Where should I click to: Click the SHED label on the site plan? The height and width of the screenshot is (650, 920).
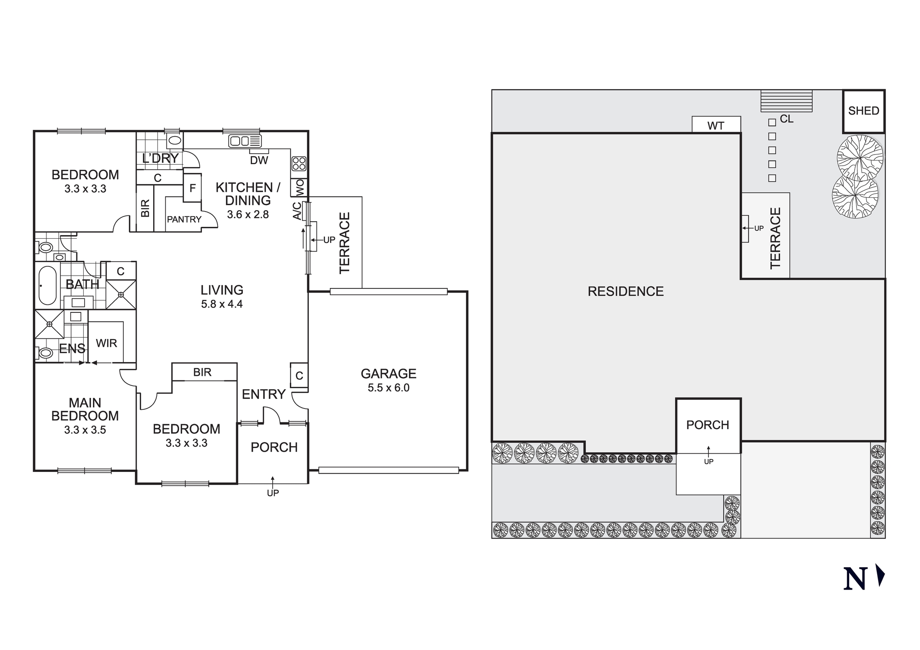point(863,111)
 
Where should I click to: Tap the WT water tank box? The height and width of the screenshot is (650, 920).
point(716,126)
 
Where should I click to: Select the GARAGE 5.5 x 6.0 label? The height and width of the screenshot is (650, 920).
point(388,380)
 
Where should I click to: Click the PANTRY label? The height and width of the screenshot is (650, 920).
point(184,219)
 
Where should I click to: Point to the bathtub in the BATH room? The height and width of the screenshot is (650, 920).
point(47,285)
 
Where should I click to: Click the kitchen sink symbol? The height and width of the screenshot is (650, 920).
point(245,141)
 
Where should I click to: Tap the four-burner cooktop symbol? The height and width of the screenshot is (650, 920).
point(299,163)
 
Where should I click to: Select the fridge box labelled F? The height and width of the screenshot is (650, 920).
point(192,188)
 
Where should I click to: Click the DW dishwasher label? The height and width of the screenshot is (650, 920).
point(259,160)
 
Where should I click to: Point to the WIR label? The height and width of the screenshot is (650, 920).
point(106,343)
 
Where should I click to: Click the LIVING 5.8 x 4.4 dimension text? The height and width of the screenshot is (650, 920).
point(222,304)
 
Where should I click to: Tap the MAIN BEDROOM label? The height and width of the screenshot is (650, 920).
point(85,409)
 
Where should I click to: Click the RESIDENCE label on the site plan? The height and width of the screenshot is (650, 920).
point(626,291)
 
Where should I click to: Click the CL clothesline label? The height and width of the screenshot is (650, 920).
point(787,119)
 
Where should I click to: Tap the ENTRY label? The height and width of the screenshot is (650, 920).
point(264,394)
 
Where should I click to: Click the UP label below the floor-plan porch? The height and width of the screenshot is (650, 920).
point(273,493)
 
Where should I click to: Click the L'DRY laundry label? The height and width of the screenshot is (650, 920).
point(160,158)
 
